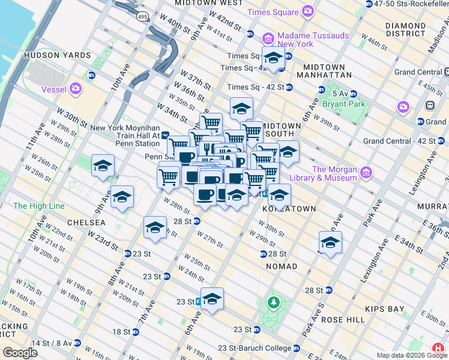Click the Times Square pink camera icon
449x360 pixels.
[x=308, y=11]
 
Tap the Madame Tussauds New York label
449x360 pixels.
[x=304, y=40]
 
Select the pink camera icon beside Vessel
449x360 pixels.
[x=75, y=89]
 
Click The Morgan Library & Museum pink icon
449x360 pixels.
[x=366, y=173]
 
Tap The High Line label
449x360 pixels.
[x=38, y=206]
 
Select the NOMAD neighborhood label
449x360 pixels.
[x=282, y=266]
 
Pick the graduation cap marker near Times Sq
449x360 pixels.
[x=273, y=59]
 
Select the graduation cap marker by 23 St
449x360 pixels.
[x=212, y=298]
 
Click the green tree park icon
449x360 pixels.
[x=274, y=302]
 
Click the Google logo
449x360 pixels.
[x=20, y=353]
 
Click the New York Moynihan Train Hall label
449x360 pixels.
[x=124, y=136]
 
